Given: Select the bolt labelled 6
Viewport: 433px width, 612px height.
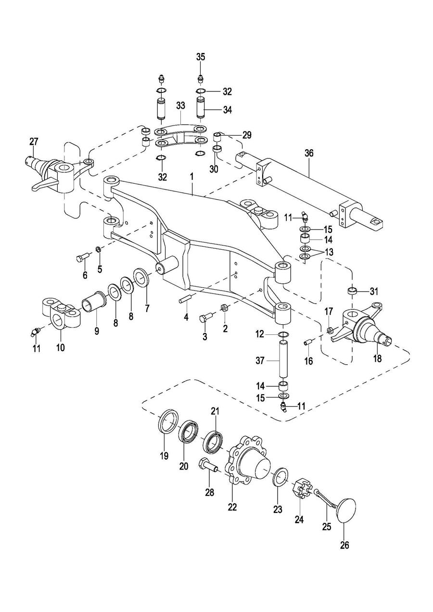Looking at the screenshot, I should point(81,257).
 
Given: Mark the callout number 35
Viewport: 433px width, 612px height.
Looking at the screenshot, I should point(201,56).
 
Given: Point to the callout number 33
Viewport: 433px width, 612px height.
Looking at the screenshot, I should point(180,105).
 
